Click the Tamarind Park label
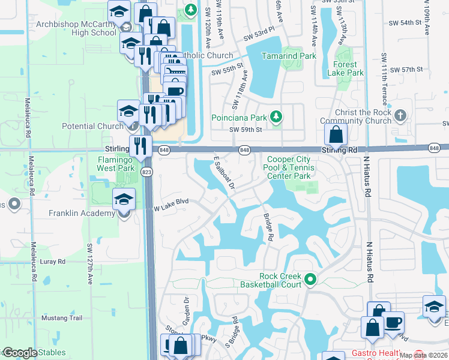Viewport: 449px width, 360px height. click(288, 56)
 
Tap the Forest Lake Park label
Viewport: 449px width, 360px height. click(346, 68)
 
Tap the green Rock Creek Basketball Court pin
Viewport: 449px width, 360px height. click(310, 279)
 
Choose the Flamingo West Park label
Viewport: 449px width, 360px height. click(116, 164)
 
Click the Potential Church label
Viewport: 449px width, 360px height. click(92, 126)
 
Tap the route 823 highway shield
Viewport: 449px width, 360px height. click(146, 172)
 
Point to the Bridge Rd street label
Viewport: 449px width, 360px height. click(268, 228)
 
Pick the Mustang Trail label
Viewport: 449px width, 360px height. click(62, 318)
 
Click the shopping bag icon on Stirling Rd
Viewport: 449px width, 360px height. click(336, 136)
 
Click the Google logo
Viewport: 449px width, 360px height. click(19, 353)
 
